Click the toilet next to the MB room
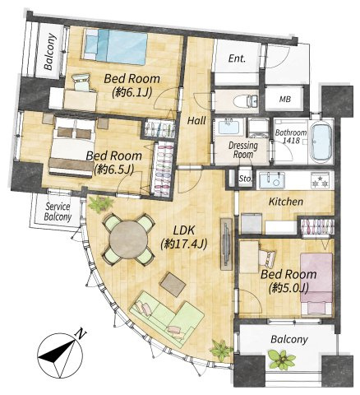point(245,101)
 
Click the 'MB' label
point(285,100)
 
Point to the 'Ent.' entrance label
point(238,58)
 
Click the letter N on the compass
point(81,334)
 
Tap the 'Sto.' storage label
point(245,179)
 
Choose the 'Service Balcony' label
point(58,211)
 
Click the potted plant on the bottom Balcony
point(282,359)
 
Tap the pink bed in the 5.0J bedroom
point(316,283)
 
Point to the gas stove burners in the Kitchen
point(320,180)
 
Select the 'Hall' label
point(196,121)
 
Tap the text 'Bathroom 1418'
point(291,137)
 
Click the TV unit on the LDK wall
point(227,244)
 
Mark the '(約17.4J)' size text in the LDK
point(184,244)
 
